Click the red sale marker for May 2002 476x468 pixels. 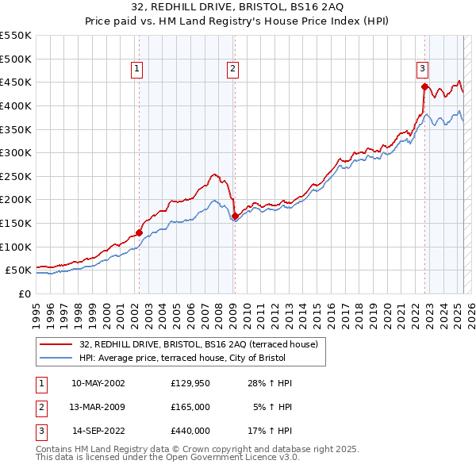click(x=139, y=232)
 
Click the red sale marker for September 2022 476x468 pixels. click(x=424, y=87)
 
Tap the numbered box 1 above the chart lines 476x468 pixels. click(x=137, y=70)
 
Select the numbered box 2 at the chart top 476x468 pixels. click(x=233, y=70)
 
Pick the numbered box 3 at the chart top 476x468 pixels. click(x=423, y=70)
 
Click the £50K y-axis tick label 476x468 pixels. click(x=19, y=270)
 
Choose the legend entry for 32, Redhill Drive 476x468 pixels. click(x=198, y=344)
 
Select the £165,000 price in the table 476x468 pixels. click(x=190, y=407)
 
